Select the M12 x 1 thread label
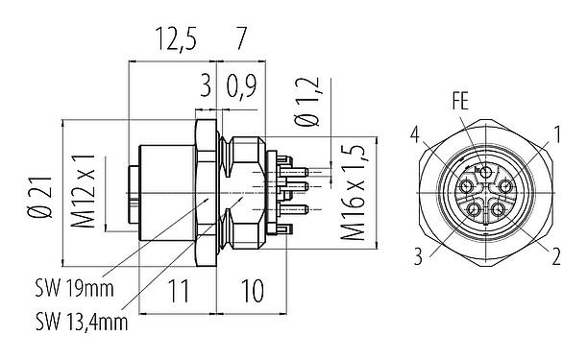click(x=86, y=192)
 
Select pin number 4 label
click(x=414, y=132)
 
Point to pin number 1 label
click(x=556, y=132)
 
